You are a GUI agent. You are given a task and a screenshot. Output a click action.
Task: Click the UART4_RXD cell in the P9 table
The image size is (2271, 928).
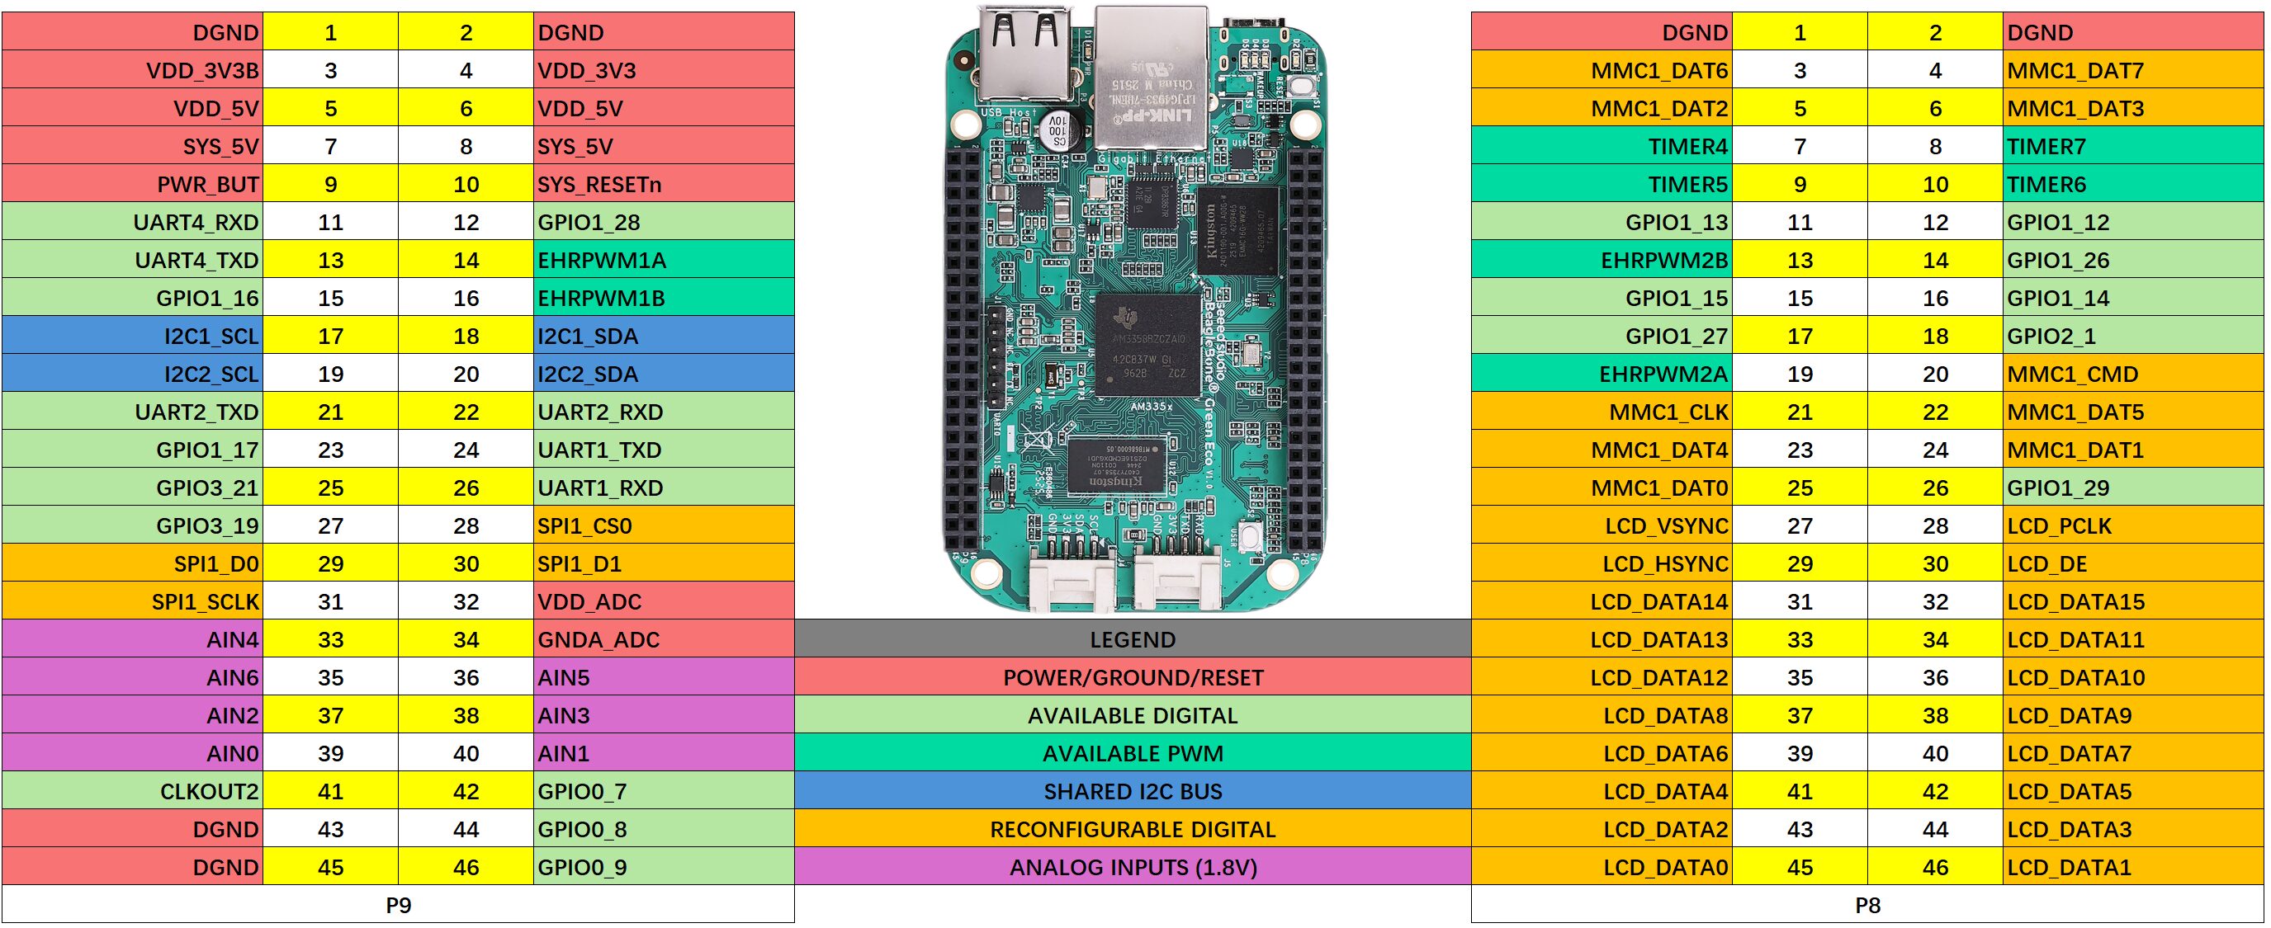pyautogui.click(x=132, y=222)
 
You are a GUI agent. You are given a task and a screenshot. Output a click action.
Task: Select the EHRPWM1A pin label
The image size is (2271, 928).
pyautogui.click(x=663, y=260)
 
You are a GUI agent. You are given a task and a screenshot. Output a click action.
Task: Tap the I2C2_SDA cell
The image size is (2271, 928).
pyautogui.click(x=663, y=374)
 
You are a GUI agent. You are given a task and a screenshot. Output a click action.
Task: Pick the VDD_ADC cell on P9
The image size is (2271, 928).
pyautogui.click(x=663, y=601)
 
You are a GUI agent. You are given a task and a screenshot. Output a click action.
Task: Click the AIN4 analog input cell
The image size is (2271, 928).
pyautogui.click(x=132, y=639)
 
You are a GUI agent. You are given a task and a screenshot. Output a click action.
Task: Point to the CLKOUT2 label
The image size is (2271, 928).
pyautogui.click(x=132, y=790)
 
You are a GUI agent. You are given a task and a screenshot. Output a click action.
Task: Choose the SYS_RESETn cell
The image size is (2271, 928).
pyautogui.click(x=663, y=184)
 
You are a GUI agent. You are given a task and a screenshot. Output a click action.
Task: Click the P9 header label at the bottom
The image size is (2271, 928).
pyautogui.click(x=398, y=904)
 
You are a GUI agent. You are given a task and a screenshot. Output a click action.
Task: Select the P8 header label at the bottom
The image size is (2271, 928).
pyautogui.click(x=1867, y=904)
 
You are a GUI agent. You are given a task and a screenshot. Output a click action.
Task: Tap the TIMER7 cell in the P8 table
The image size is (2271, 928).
pyautogui.click(x=2132, y=146)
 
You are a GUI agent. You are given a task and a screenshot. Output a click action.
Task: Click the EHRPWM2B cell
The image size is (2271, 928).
pyautogui.click(x=1602, y=260)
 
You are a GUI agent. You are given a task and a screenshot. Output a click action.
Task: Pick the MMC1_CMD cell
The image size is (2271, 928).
pyautogui.click(x=2132, y=374)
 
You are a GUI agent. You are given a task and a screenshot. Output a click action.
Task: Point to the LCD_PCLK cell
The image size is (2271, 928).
pyautogui.click(x=2132, y=525)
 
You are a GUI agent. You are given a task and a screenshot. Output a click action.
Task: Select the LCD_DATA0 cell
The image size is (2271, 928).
pyautogui.click(x=1602, y=866)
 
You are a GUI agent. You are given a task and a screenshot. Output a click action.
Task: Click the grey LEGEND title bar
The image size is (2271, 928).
pyautogui.click(x=1132, y=639)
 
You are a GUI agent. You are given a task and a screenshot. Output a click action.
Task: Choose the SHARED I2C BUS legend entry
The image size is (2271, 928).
pyautogui.click(x=1132, y=790)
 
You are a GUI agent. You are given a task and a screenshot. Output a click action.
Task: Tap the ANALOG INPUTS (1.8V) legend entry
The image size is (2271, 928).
pyautogui.click(x=1132, y=866)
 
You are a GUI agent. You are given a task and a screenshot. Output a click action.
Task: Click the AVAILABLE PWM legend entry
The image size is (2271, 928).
pyautogui.click(x=1132, y=752)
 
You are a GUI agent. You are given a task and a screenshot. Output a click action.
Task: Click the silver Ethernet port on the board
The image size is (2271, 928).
pyautogui.click(x=1151, y=79)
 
